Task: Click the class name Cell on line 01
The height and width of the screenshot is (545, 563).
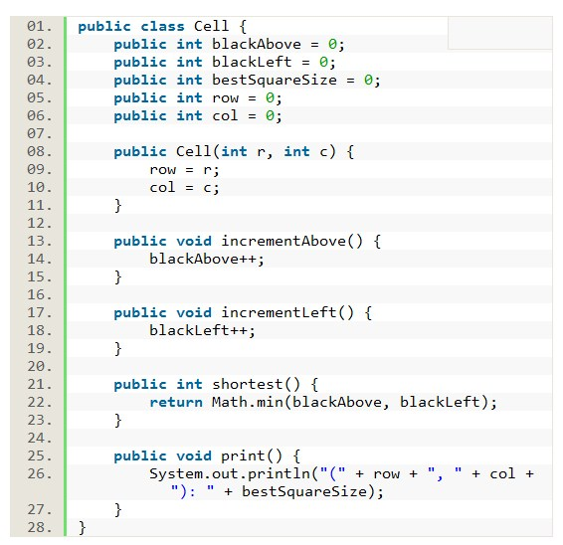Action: click(x=211, y=26)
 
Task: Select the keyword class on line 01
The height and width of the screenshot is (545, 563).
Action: click(x=162, y=26)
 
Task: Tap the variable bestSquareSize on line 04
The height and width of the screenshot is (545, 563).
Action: click(x=275, y=81)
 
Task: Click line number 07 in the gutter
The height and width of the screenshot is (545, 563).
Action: click(x=39, y=134)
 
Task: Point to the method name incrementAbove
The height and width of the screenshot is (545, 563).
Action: click(x=283, y=241)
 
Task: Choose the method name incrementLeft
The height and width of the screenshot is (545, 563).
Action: click(x=279, y=312)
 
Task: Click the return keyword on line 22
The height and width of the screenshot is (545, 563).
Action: click(x=176, y=402)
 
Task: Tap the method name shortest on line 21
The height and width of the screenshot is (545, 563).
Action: click(x=248, y=384)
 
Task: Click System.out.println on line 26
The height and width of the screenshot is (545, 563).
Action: click(x=230, y=474)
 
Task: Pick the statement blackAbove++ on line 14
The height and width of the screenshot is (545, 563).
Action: click(x=203, y=260)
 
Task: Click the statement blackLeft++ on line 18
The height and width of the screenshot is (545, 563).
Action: click(x=199, y=330)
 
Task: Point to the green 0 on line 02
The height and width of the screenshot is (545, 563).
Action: click(x=332, y=44)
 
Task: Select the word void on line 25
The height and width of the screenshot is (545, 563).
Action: click(x=194, y=455)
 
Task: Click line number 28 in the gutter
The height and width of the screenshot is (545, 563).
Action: click(x=39, y=527)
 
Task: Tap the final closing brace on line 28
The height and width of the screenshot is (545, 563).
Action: click(x=83, y=528)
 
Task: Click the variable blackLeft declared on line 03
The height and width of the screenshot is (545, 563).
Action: click(x=252, y=62)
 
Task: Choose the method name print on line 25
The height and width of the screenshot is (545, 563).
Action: click(x=243, y=455)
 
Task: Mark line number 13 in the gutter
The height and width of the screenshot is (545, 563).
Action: click(x=39, y=242)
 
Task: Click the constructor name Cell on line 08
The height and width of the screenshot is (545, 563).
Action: click(x=194, y=151)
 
